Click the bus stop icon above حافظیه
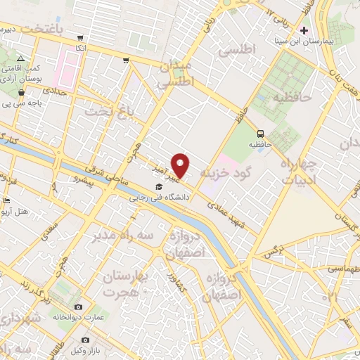[261, 133]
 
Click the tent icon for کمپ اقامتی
[22, 58]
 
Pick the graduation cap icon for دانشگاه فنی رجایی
[159, 187]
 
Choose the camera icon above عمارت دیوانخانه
[77, 307]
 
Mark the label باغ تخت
[106, 112]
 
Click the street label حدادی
[55, 91]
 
